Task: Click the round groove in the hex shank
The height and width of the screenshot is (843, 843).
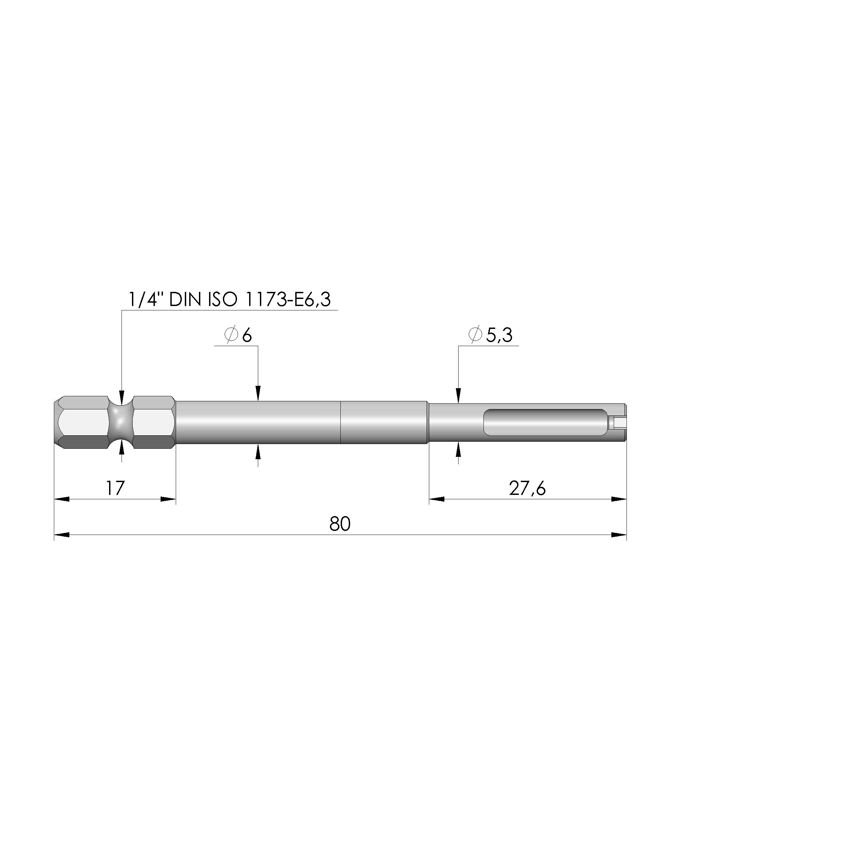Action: tap(121, 423)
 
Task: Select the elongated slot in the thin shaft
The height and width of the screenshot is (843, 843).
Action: tap(545, 423)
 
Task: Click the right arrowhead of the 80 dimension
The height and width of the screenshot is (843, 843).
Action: tap(619, 535)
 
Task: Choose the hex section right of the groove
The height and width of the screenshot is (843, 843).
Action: tap(153, 423)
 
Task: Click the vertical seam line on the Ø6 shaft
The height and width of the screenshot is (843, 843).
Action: tap(340, 423)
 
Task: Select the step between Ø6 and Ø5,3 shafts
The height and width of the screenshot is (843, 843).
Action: tap(428, 423)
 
